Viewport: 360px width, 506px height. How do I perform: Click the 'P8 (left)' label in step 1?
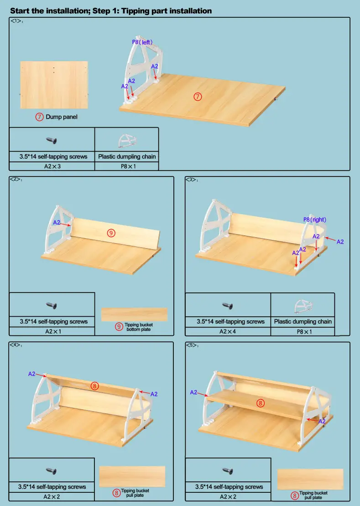tap(142, 42)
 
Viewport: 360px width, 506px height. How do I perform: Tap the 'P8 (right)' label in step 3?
tap(315, 219)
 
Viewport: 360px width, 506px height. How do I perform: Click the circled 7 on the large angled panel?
tap(198, 96)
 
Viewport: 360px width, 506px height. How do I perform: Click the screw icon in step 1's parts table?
tap(52, 140)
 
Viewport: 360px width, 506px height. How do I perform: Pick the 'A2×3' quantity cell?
tap(52, 166)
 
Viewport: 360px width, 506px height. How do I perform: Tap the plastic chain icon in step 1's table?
tap(126, 140)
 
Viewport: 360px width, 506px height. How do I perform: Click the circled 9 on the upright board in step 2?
tap(111, 232)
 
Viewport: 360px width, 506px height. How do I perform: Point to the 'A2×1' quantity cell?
tap(52, 331)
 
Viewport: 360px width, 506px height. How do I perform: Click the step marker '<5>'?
tap(192, 345)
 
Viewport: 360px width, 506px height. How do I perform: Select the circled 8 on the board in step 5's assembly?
tap(260, 403)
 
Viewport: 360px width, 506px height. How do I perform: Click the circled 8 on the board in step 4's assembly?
tap(95, 386)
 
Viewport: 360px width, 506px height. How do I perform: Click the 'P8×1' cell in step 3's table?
tap(303, 331)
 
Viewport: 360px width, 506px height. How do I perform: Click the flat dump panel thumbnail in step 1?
tap(54, 85)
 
